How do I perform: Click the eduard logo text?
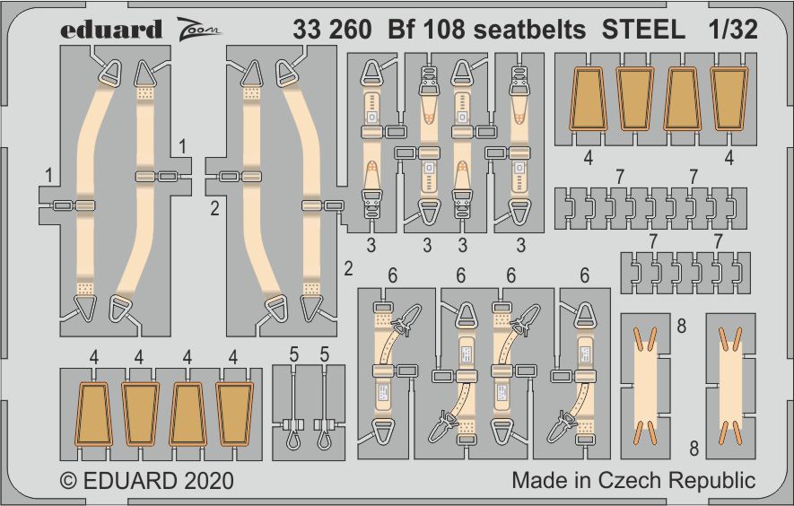[111, 30]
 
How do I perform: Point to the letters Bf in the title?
[401, 30]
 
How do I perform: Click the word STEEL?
[643, 30]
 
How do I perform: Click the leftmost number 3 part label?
[370, 244]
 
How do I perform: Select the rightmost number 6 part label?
[584, 275]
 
